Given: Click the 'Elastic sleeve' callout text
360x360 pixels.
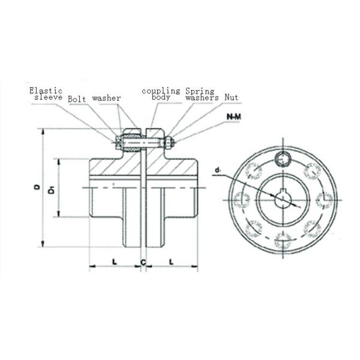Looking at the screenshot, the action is [x=46, y=94].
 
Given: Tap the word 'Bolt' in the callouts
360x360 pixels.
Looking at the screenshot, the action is [x=77, y=99].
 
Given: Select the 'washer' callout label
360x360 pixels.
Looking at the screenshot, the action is [x=107, y=98].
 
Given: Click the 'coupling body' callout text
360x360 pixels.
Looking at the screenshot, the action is [x=161, y=94].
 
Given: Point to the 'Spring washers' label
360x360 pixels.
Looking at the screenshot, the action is [x=202, y=94].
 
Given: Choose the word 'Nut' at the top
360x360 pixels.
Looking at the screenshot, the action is [x=232, y=97].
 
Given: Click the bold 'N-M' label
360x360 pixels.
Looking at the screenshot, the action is [x=234, y=117].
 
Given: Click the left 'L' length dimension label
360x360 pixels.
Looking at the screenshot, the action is [x=115, y=262].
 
